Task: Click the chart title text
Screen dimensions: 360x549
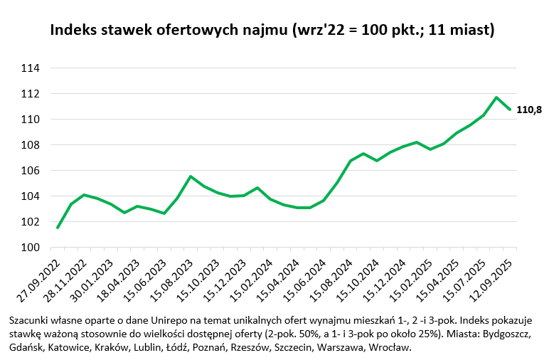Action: coord(272,31)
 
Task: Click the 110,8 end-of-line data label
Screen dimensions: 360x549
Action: coord(529,110)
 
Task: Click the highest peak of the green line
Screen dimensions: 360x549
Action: coord(496,97)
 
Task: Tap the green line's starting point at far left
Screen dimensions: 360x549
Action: coord(58,228)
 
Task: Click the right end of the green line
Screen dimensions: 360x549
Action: coord(510,109)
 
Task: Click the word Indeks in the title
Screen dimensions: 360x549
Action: coord(73,31)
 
